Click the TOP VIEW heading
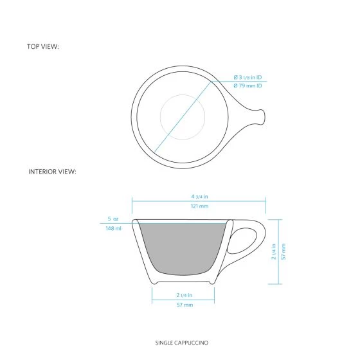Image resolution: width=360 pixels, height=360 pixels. click(x=43, y=47)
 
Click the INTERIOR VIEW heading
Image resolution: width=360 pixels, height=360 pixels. click(x=53, y=172)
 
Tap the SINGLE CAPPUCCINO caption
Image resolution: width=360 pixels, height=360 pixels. click(x=181, y=343)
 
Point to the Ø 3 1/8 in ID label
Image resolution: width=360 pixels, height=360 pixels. click(x=248, y=78)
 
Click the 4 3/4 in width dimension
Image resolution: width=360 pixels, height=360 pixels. click(x=199, y=195)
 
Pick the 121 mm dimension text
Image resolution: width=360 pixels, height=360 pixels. click(x=199, y=206)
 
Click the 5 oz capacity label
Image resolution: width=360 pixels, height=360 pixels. click(x=114, y=219)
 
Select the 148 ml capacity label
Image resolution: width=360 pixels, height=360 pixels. click(x=114, y=229)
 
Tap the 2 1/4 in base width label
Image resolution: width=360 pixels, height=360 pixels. click(x=184, y=295)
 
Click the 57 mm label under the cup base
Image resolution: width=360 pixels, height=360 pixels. click(x=184, y=305)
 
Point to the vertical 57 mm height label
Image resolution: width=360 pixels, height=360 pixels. click(x=283, y=251)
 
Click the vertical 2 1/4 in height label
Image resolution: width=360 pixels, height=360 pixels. click(x=274, y=251)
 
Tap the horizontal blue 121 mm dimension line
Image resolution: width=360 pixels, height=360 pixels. click(x=199, y=201)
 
